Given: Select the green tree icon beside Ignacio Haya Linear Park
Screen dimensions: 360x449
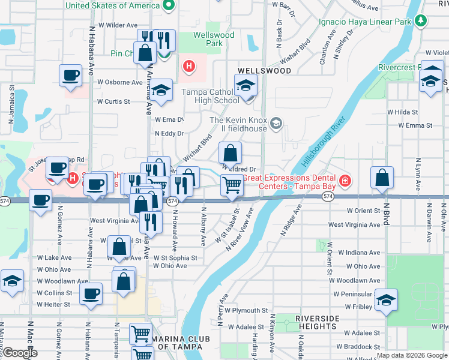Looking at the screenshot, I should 421,22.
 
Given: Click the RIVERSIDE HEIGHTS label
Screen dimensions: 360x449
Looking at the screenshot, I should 318,322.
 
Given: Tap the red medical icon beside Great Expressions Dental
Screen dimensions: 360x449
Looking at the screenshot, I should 345,180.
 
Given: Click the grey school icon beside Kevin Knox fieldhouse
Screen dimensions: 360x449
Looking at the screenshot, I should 276,124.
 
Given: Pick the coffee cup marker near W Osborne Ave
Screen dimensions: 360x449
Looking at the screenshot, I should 71,76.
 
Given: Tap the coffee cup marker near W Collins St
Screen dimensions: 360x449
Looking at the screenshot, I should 91,294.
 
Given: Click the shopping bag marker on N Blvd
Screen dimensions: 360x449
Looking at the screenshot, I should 382,178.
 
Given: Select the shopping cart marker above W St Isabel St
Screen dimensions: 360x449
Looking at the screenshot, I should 231,185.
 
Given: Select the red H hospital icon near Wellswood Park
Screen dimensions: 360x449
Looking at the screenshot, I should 189,65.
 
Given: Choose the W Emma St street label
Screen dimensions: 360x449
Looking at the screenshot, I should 415,125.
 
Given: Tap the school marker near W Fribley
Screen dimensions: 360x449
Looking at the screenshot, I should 386,300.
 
